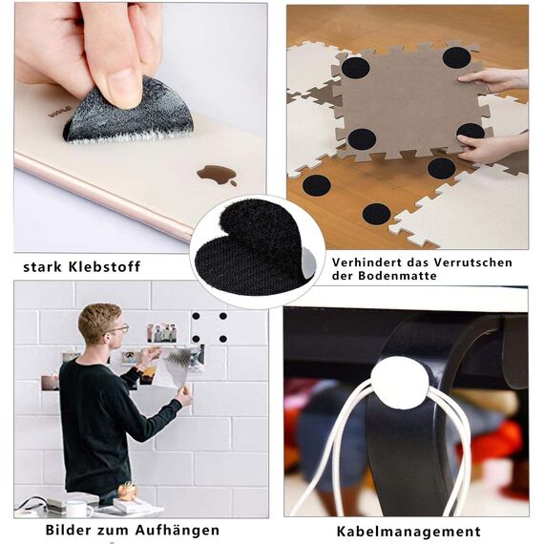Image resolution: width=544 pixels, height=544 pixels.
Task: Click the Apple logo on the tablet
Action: [217, 176]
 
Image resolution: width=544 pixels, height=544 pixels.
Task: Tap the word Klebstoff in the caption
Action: [104, 266]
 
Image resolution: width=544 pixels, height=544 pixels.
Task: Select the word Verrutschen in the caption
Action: [472, 262]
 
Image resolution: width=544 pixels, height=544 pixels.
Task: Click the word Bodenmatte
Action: [397, 276]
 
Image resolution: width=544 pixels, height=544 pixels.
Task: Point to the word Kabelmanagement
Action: [408, 532]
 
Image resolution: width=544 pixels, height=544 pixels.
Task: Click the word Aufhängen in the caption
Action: [178, 531]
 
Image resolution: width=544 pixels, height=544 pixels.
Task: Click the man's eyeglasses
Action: [118, 328]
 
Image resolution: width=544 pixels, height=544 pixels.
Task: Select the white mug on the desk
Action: [79, 509]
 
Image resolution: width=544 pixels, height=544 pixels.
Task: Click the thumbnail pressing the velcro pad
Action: [122, 88]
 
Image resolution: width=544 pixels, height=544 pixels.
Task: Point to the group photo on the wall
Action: [161, 333]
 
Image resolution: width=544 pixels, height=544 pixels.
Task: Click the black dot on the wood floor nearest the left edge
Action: [316, 185]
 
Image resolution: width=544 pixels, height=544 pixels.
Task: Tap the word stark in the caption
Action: [42, 267]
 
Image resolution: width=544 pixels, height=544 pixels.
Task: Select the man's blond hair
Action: [98, 319]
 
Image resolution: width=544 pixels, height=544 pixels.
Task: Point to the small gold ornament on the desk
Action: [127, 492]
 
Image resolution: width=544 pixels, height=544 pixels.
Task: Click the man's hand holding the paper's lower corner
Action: [184, 395]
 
